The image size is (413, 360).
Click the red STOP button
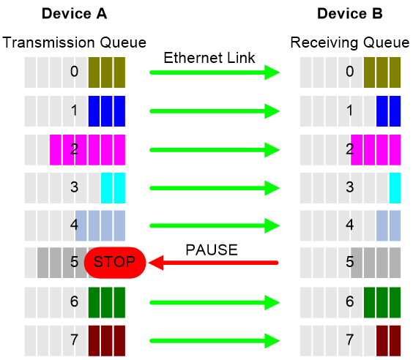(115, 263)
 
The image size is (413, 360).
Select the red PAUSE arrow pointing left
(213, 263)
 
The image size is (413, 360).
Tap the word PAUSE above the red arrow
(212, 250)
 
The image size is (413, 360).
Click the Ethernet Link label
(209, 58)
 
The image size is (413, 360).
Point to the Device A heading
(75, 14)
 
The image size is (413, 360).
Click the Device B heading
(350, 14)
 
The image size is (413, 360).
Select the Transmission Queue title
(74, 42)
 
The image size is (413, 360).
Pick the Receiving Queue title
(350, 42)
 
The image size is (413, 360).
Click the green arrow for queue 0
(215, 72)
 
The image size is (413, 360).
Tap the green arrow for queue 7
(215, 341)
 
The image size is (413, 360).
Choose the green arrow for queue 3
(215, 188)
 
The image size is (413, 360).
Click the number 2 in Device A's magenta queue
(74, 149)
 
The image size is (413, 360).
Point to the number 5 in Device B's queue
(350, 261)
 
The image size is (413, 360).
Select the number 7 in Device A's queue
(74, 340)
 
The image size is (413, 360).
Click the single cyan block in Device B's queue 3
(395, 188)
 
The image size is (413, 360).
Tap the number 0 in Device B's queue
(350, 71)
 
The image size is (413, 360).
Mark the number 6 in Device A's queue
(74, 301)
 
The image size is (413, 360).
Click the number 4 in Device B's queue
(350, 225)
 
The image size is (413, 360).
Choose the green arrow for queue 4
(215, 225)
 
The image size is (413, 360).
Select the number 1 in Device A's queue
(75, 110)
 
